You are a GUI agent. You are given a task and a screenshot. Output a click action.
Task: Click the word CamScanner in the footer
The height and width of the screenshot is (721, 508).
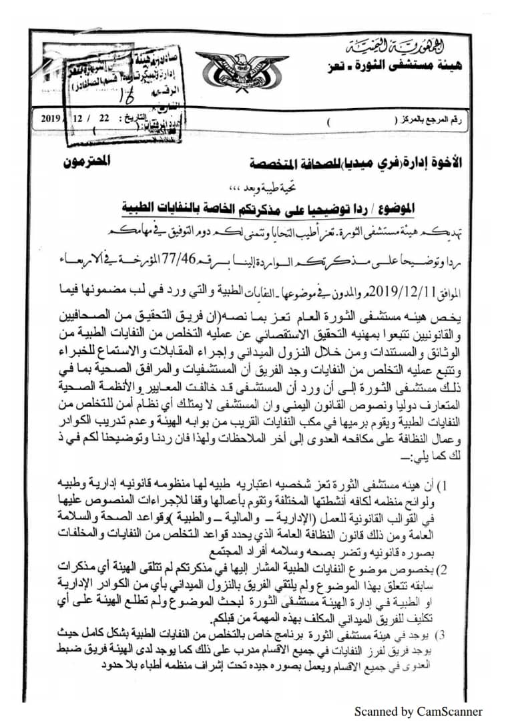[x=455, y=711]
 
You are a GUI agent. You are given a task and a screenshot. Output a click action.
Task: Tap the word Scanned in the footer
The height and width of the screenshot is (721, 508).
[x=375, y=711]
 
